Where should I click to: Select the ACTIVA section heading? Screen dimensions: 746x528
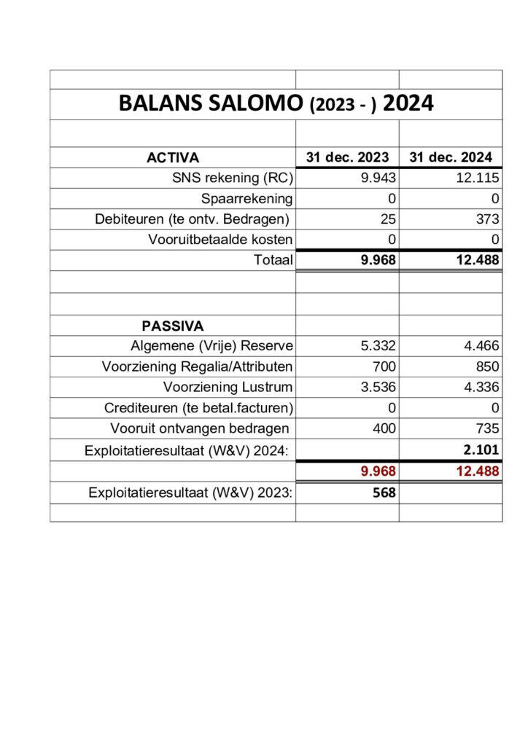point(173,157)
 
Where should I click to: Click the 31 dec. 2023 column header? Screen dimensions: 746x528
point(347,157)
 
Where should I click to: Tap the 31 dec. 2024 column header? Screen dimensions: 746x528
point(451,157)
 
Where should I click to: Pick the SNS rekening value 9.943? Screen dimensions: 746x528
point(378,178)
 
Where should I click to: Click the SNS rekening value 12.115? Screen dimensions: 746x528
point(478,178)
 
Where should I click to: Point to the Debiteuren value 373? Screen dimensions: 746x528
point(486,219)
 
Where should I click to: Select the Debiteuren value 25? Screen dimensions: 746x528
point(388,219)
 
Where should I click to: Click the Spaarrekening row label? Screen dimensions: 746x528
point(247,198)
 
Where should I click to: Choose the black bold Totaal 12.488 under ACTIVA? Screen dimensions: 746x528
point(478,260)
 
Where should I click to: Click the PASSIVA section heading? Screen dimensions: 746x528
point(173,326)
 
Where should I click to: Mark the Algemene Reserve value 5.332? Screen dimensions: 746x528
point(378,346)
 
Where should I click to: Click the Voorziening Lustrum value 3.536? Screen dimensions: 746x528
point(378,387)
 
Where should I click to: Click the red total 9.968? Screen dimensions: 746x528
point(378,471)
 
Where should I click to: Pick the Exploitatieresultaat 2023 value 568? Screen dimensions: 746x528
point(384,492)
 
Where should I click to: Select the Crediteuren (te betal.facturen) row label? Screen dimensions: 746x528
point(198,408)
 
